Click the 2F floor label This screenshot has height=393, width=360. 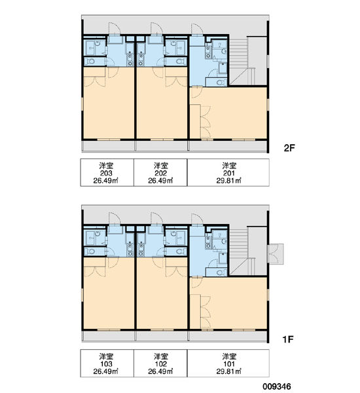pyautogui.click(x=289, y=148)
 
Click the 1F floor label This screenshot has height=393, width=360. pyautogui.click(x=287, y=339)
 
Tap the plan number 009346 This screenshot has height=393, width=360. pyautogui.click(x=277, y=386)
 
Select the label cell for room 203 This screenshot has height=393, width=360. pyautogui.click(x=107, y=172)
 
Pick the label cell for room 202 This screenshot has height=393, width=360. pyautogui.click(x=160, y=172)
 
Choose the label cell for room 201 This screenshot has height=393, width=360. pyautogui.click(x=228, y=172)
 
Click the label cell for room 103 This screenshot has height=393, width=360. pyautogui.click(x=107, y=363)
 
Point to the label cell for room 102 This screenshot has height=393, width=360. pyautogui.click(x=160, y=363)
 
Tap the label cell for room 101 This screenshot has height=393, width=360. pyautogui.click(x=228, y=363)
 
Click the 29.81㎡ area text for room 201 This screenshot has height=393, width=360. pyautogui.click(x=228, y=181)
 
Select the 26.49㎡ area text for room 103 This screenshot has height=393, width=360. pyautogui.click(x=106, y=371)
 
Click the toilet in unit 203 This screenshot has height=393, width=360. pyautogui.click(x=91, y=61)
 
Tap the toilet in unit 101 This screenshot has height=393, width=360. pyautogui.click(x=220, y=272)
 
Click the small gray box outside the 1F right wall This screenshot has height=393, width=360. pyautogui.click(x=276, y=254)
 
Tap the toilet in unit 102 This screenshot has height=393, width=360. pyautogui.click(x=179, y=252)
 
